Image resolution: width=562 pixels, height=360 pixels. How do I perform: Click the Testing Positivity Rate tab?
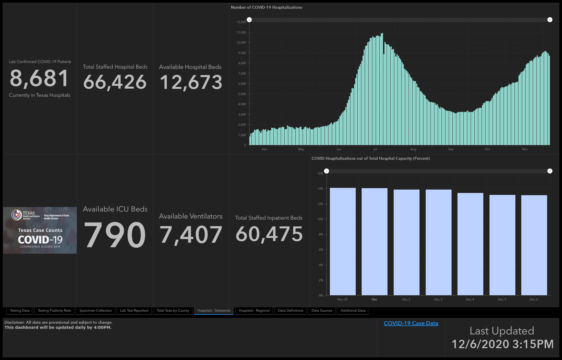pyautogui.click(x=55, y=310)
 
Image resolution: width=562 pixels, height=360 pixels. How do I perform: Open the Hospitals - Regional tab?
pyautogui.click(x=254, y=310)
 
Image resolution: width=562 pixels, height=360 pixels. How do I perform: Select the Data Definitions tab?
pyautogui.click(x=291, y=310)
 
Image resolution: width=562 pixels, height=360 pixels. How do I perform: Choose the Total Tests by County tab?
pyautogui.click(x=173, y=310)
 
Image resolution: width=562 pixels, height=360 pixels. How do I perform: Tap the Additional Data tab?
pyautogui.click(x=353, y=310)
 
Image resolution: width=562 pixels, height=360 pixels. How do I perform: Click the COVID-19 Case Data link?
pyautogui.click(x=411, y=323)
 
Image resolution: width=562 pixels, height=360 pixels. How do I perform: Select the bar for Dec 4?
pyautogui.click(x=470, y=244)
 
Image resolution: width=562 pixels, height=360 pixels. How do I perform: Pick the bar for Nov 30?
pyautogui.click(x=343, y=242)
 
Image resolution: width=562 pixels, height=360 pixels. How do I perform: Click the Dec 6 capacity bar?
pyautogui.click(x=534, y=245)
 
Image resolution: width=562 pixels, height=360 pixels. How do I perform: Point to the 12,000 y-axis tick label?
pyautogui.click(x=241, y=22)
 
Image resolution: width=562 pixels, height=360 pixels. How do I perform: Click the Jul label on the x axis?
pyautogui.click(x=375, y=149)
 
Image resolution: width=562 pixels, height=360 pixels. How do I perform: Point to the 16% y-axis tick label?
pyautogui.click(x=320, y=173)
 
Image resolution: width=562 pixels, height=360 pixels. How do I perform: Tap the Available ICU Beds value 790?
pyautogui.click(x=115, y=235)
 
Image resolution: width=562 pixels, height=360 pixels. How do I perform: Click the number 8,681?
pyautogui.click(x=39, y=78)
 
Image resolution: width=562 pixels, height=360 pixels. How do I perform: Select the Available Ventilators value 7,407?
pyautogui.click(x=191, y=235)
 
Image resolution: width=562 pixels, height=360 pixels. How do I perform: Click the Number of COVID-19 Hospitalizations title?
pyautogui.click(x=266, y=7)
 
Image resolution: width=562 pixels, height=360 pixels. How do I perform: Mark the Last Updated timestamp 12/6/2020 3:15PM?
pyautogui.click(x=502, y=344)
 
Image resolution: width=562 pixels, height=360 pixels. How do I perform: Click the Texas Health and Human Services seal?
pyautogui.click(x=17, y=215)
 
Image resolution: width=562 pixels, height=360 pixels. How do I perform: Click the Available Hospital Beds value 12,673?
pyautogui.click(x=191, y=82)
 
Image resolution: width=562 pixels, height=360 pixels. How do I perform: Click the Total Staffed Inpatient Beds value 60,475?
pyautogui.click(x=269, y=234)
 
